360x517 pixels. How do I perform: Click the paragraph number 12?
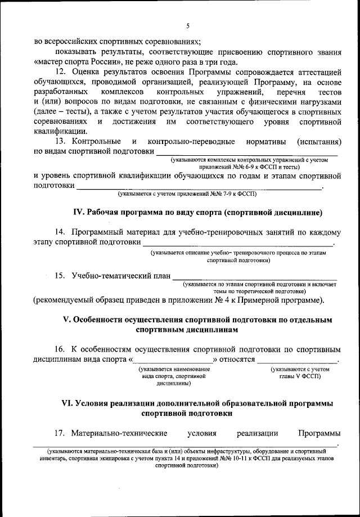pyautogui.click(x=61, y=72)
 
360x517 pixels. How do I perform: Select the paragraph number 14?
pyautogui.click(x=61, y=232)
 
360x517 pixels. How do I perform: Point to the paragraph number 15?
pyautogui.click(x=61, y=276)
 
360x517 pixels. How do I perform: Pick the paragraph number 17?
pyautogui.click(x=61, y=433)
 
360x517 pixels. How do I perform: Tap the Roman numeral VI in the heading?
pyautogui.click(x=66, y=404)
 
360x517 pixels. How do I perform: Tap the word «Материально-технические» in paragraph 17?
pyautogui.click(x=120, y=433)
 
